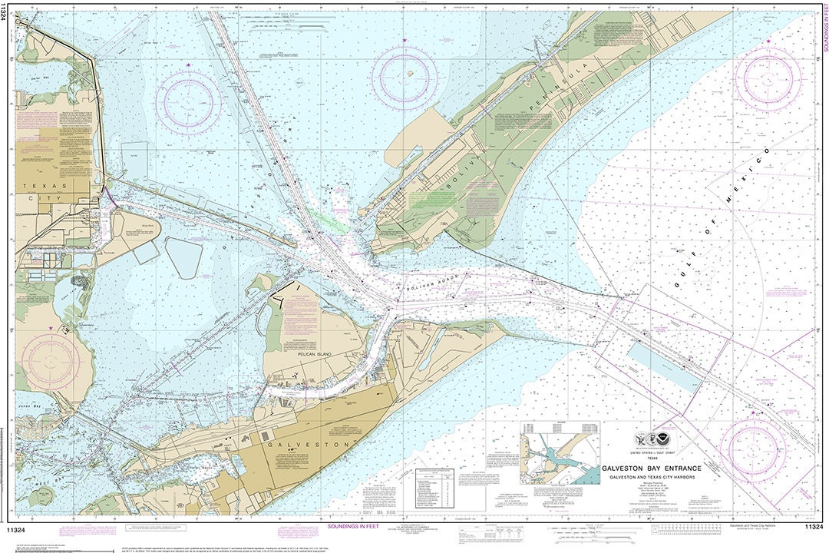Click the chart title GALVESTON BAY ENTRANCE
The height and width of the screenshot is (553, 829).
[x=662, y=469]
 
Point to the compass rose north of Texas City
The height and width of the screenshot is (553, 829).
[x=188, y=102]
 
